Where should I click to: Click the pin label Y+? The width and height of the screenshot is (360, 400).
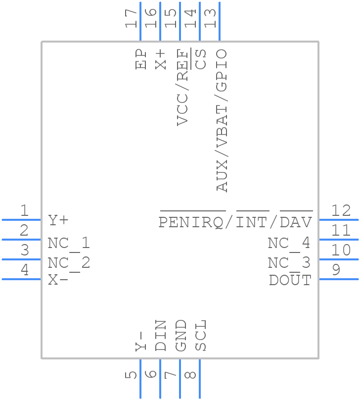click(x=58, y=220)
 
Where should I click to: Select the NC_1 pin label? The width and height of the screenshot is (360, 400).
click(x=69, y=243)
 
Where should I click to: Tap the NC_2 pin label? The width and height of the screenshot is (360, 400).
click(x=69, y=262)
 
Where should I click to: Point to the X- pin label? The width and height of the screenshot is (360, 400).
click(x=58, y=280)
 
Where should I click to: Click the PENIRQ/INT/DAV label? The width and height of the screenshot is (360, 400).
click(x=235, y=222)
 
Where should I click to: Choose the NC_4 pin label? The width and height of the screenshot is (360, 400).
click(x=289, y=243)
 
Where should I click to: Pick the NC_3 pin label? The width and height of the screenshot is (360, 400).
click(x=289, y=262)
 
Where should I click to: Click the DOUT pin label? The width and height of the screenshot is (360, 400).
click(x=290, y=280)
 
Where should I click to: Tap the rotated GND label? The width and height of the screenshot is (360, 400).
click(x=181, y=336)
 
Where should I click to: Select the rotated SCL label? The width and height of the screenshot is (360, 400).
click(x=200, y=336)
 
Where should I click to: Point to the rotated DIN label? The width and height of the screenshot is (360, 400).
click(x=161, y=336)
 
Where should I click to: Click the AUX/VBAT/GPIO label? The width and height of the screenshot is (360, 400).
click(x=221, y=120)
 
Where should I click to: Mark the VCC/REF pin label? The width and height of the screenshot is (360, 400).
click(x=182, y=87)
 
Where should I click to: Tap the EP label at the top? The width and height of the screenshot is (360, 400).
click(x=142, y=59)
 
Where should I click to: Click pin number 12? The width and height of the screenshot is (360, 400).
click(x=341, y=211)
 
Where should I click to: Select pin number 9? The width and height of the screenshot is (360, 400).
click(x=336, y=270)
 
